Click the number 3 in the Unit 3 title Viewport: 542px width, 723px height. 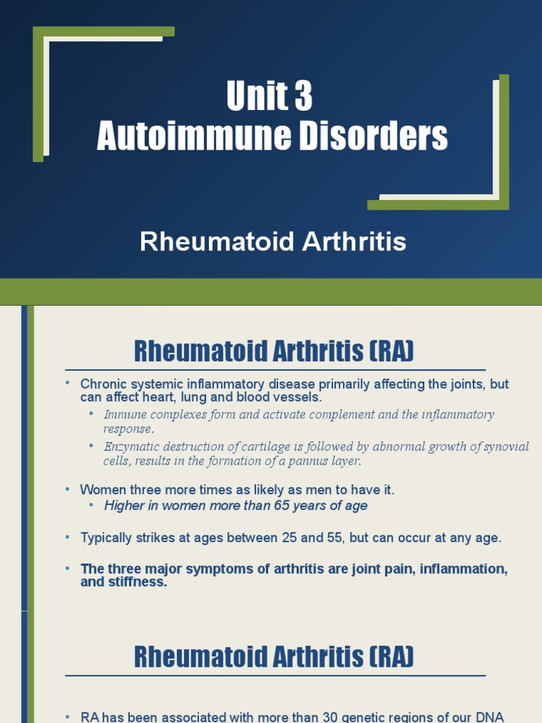[x=302, y=97]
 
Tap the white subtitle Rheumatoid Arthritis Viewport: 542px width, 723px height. [x=272, y=242]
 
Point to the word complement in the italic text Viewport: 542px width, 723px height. [x=339, y=414]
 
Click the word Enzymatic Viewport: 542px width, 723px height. [x=131, y=446]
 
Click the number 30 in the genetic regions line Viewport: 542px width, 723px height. [x=331, y=717]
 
